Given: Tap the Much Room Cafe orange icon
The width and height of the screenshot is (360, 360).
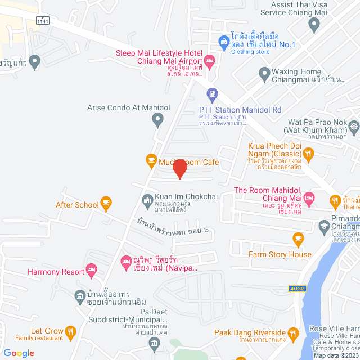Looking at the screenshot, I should pyautogui.click(x=151, y=160).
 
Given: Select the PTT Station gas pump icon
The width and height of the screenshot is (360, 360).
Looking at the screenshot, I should pyautogui.click(x=212, y=93).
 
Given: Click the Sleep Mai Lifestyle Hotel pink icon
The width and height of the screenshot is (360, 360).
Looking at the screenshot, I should pyautogui.click(x=209, y=60).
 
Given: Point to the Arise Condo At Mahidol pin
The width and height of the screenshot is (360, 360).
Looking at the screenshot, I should pyautogui.click(x=158, y=119).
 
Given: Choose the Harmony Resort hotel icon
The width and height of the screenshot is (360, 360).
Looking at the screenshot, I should pyautogui.click(x=91, y=271).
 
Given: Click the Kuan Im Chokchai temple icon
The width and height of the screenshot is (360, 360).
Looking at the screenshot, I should pyautogui.click(x=147, y=199).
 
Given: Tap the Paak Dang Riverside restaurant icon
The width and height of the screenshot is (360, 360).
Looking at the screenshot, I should pyautogui.click(x=292, y=333).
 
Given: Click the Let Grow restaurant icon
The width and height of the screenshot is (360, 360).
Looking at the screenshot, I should pyautogui.click(x=70, y=332).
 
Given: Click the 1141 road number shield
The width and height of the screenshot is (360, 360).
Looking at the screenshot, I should pyautogui.click(x=42, y=20).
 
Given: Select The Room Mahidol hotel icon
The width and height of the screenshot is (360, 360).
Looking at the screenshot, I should pyautogui.click(x=309, y=199).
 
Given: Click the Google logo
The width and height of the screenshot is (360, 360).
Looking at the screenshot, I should pyautogui.click(x=19, y=353).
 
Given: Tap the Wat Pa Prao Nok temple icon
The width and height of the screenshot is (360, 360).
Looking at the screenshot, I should pyautogui.click(x=353, y=127).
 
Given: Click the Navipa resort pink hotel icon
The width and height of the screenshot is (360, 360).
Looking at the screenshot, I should pyautogui.click(x=126, y=262).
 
